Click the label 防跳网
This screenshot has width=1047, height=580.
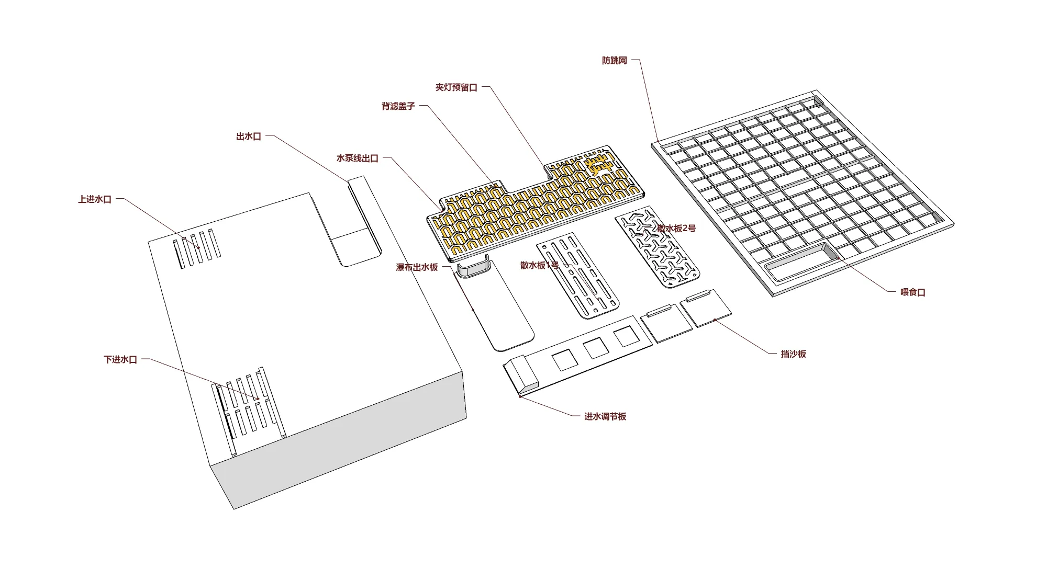pyautogui.click(x=614, y=61)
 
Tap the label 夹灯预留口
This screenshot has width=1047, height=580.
pyautogui.click(x=456, y=87)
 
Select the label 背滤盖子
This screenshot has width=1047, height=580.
pyautogui.click(x=398, y=106)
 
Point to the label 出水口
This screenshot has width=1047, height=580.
pyautogui.click(x=249, y=137)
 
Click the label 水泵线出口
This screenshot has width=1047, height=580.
pyautogui.click(x=357, y=158)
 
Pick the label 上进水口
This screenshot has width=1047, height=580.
pyautogui.click(x=95, y=199)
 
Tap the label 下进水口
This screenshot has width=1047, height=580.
pyautogui.click(x=120, y=360)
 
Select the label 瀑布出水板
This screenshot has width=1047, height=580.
pyautogui.click(x=417, y=267)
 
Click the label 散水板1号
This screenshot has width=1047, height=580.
pyautogui.click(x=540, y=265)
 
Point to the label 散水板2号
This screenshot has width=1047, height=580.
pyautogui.click(x=676, y=228)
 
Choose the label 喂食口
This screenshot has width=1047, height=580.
pyautogui.click(x=913, y=292)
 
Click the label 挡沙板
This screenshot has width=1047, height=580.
pyautogui.click(x=794, y=354)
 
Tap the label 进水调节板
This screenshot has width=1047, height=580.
pyautogui.click(x=605, y=417)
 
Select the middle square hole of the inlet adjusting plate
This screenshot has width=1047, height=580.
pyautogui.click(x=596, y=348)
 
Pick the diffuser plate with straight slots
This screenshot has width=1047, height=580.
pyautogui.click(x=577, y=276)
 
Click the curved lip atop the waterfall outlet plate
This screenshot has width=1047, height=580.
pyautogui.click(x=474, y=269)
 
